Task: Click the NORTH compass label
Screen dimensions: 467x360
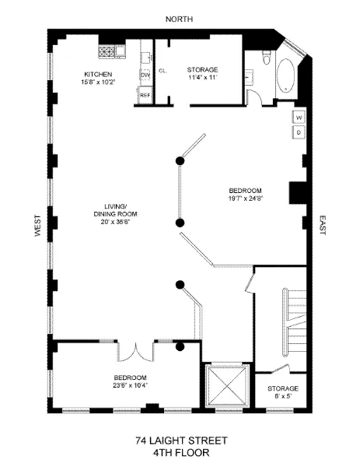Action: coord(180,18)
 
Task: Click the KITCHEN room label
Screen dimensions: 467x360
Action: coord(99,75)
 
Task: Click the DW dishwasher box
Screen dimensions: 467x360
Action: coord(145,75)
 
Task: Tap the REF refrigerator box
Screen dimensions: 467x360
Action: coord(145,94)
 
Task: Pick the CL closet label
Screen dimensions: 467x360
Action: coord(163,71)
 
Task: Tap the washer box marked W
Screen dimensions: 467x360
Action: coord(299,118)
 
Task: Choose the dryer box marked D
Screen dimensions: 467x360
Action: coord(299,132)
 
